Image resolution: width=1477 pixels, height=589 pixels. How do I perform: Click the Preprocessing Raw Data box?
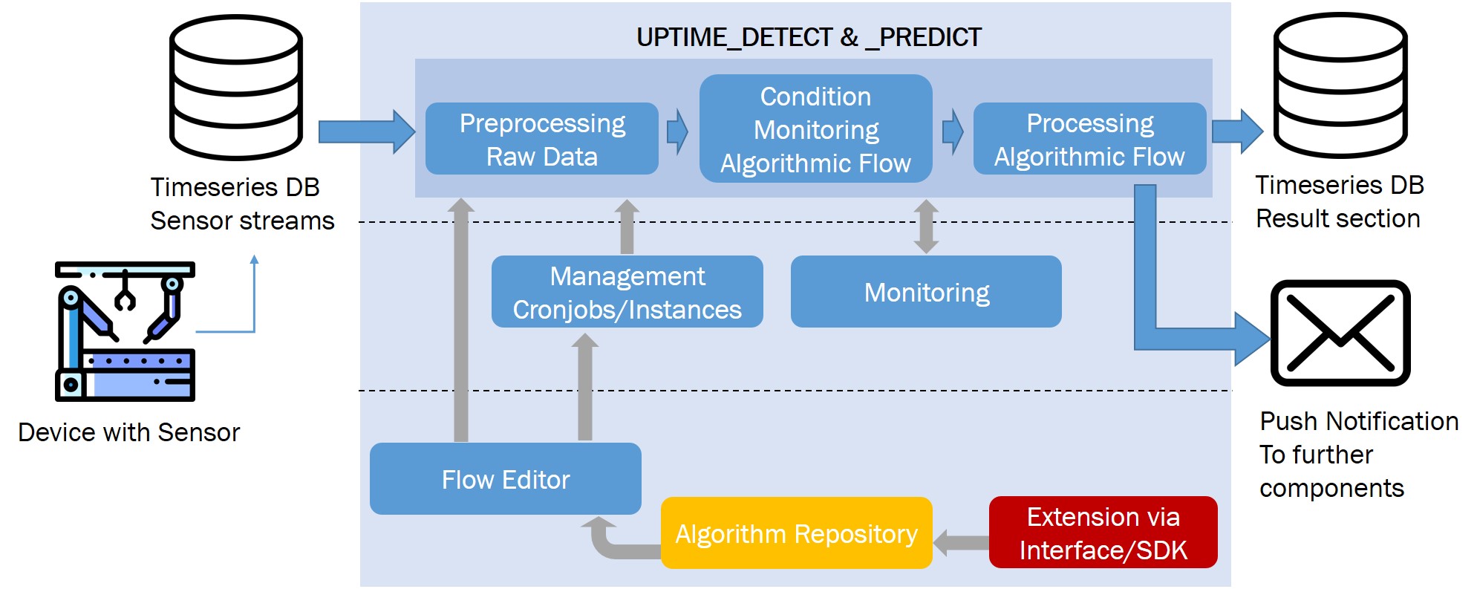point(541,139)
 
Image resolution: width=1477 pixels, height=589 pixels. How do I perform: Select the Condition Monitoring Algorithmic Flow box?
point(815,128)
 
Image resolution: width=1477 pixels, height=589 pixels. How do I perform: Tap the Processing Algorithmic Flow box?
point(1089,139)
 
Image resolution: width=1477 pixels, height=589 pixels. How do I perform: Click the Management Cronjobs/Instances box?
point(627,292)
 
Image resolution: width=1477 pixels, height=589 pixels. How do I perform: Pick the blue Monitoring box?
point(926,292)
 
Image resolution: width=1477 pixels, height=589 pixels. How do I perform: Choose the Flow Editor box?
point(505,479)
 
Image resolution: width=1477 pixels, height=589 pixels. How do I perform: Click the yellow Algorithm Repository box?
point(796,533)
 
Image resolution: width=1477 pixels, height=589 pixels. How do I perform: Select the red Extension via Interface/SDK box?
point(1103,533)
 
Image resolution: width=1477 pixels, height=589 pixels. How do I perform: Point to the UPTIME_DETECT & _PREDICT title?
point(809,37)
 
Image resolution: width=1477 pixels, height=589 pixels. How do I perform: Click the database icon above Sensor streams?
point(235,87)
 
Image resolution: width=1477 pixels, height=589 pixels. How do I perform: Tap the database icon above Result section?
point(1340,85)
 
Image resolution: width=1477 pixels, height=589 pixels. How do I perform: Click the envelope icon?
point(1340,333)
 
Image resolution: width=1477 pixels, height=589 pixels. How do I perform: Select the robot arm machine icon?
point(125,331)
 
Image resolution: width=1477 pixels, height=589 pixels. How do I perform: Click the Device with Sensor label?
point(128,432)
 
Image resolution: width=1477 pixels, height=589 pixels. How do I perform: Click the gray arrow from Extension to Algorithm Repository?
point(961,542)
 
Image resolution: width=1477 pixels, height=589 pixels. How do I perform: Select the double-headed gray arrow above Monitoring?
point(925,227)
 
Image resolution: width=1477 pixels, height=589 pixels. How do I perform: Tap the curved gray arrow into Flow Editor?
point(609,543)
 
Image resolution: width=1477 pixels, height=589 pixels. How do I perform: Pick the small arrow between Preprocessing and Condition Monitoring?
point(677,132)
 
